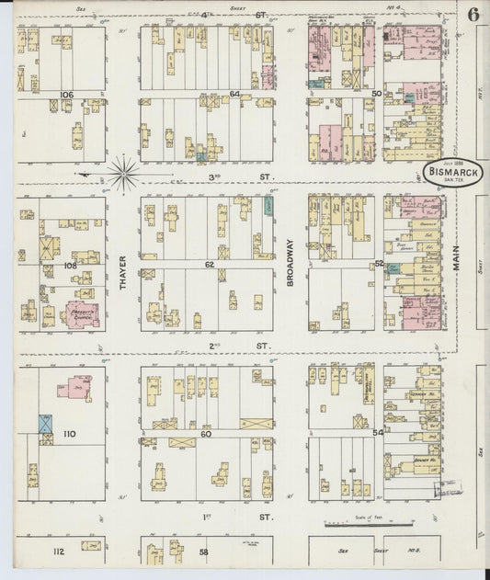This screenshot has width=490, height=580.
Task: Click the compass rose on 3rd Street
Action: coord(122,170)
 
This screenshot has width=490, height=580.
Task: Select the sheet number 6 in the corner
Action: coord(472,15)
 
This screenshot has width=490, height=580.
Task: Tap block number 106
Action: coord(66,95)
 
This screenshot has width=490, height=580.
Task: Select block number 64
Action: coord(234,94)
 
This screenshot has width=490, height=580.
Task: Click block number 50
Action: coord(376,94)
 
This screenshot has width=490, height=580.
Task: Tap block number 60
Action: coord(207,433)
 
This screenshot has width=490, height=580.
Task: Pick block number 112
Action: coord(58,552)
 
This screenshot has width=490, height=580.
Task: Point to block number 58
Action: coord(204,552)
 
